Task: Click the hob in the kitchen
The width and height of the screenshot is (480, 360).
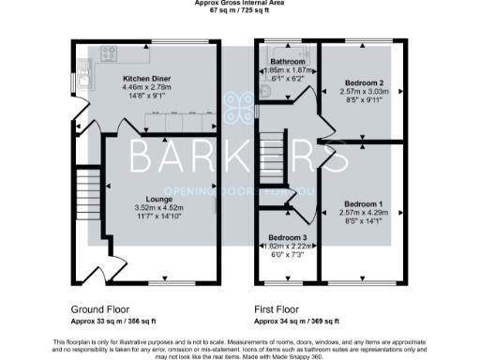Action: pos(108,53)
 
